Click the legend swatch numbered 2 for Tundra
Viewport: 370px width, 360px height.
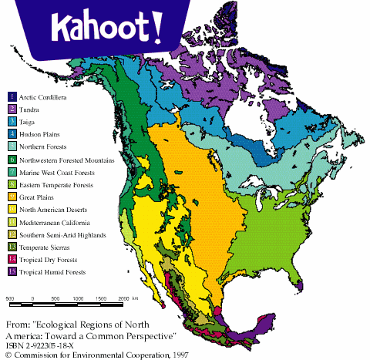click(12, 109)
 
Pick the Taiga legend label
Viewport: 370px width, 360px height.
click(30, 121)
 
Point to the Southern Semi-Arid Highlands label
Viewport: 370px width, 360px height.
click(60, 234)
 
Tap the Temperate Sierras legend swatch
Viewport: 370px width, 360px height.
click(12, 246)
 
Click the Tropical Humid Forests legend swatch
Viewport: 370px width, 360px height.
click(12, 271)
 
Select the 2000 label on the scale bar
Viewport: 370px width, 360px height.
click(123, 298)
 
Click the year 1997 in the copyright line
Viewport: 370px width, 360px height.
click(180, 354)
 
